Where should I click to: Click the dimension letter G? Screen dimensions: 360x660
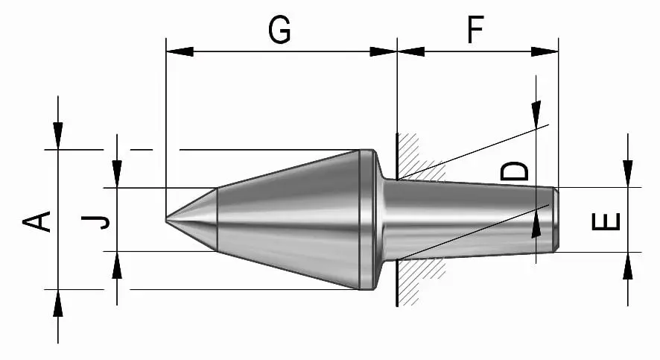tap(279, 31)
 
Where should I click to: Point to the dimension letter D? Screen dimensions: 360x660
tap(515, 171)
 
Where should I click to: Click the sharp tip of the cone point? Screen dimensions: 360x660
tap(166, 220)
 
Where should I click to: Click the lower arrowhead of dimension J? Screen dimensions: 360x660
tap(117, 265)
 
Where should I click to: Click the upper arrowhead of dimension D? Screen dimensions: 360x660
tap(536, 112)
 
